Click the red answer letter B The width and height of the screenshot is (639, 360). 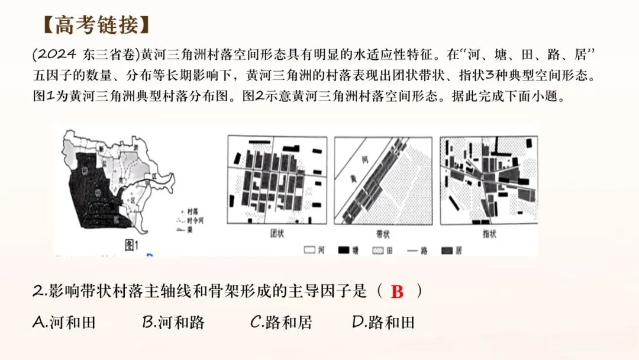(x=397, y=292)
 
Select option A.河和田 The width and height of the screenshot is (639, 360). (x=64, y=322)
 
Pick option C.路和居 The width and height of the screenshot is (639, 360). (x=281, y=322)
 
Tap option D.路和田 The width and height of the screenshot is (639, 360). (x=383, y=322)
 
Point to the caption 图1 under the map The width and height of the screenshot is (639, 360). (x=127, y=244)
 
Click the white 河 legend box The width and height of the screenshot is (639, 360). (x=309, y=250)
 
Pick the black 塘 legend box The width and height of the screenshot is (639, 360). (x=343, y=250)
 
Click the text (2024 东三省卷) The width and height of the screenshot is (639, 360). (x=85, y=55)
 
